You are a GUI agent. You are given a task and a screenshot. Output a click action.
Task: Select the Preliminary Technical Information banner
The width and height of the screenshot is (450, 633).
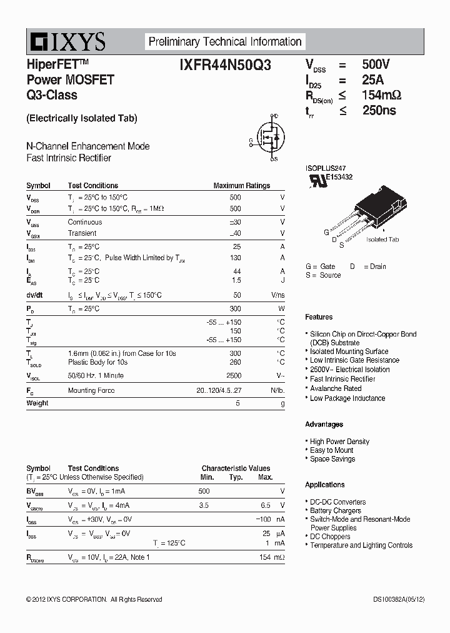(225, 42)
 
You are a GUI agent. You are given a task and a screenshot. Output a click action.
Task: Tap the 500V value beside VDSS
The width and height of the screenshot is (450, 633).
(376, 64)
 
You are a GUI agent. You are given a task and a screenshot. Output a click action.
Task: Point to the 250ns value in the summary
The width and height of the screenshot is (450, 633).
(379, 111)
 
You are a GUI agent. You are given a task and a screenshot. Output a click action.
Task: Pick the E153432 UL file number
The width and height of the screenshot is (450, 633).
(339, 178)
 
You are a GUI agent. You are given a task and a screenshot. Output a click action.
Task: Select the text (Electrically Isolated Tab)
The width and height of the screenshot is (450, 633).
(82, 118)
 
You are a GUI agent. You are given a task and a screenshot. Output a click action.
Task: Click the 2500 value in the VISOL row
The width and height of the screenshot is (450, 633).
(233, 376)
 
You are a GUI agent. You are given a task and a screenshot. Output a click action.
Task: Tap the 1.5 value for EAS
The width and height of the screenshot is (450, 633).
(236, 280)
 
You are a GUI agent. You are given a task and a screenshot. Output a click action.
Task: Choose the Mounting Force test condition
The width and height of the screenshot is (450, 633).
(91, 391)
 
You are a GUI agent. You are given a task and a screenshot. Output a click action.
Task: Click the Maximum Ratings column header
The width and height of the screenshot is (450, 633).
(241, 186)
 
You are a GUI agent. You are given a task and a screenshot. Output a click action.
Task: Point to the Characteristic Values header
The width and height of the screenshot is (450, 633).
(236, 468)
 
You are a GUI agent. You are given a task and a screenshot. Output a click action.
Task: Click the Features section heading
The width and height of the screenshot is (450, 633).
(319, 317)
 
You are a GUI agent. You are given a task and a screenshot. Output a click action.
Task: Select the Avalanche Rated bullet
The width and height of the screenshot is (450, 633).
(336, 388)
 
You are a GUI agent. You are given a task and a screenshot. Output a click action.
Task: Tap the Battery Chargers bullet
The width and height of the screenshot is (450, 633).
(336, 510)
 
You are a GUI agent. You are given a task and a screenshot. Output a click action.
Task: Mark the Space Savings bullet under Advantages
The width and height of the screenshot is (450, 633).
(332, 459)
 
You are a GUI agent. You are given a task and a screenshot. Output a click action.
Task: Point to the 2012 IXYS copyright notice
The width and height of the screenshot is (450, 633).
(94, 600)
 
